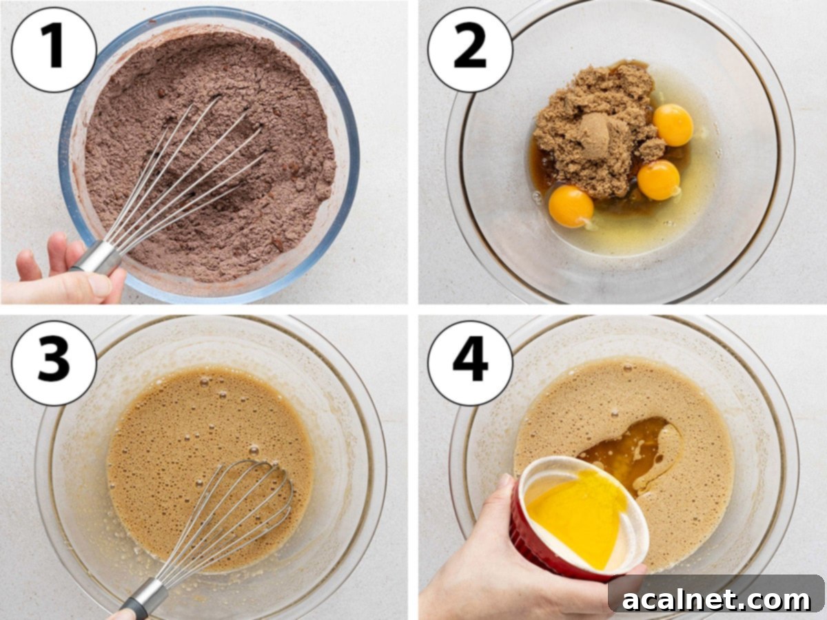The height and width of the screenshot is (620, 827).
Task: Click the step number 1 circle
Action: pyautogui.click(x=54, y=50)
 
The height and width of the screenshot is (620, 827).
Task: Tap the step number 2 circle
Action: pyautogui.click(x=470, y=50)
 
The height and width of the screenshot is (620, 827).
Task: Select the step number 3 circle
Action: pyautogui.click(x=54, y=362)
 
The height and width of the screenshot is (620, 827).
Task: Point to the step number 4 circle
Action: pyautogui.click(x=470, y=362)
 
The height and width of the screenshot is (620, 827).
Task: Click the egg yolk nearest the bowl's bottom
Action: pyautogui.click(x=571, y=206)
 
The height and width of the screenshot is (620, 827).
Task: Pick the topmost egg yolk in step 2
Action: pyautogui.click(x=673, y=125)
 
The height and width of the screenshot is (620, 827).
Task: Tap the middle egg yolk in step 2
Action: pyautogui.click(x=658, y=180)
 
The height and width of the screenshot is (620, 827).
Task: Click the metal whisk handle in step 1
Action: pyautogui.click(x=96, y=259)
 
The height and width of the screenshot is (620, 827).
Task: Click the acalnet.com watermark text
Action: pyautogui.click(x=717, y=599)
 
